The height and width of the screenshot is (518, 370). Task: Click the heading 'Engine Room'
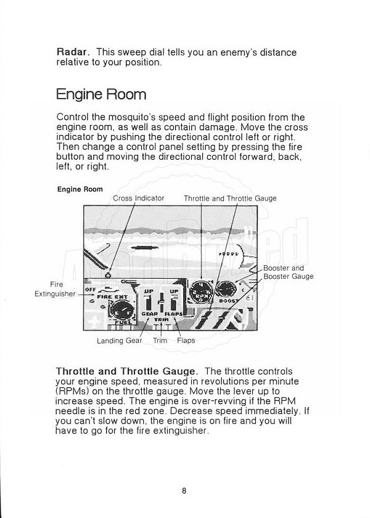101,94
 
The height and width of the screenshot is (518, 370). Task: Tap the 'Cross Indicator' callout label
139,198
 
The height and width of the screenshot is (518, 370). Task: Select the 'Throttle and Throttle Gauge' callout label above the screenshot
230,198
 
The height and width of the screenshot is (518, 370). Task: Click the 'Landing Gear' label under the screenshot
118,340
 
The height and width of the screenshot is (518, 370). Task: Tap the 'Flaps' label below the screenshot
186,340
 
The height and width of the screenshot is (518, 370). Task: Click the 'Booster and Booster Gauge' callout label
288,273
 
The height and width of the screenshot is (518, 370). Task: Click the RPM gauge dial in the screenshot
201,289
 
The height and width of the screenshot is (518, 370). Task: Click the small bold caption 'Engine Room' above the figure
80,189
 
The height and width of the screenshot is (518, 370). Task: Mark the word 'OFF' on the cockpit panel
90,288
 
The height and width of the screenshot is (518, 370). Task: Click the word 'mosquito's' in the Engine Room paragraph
146,116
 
